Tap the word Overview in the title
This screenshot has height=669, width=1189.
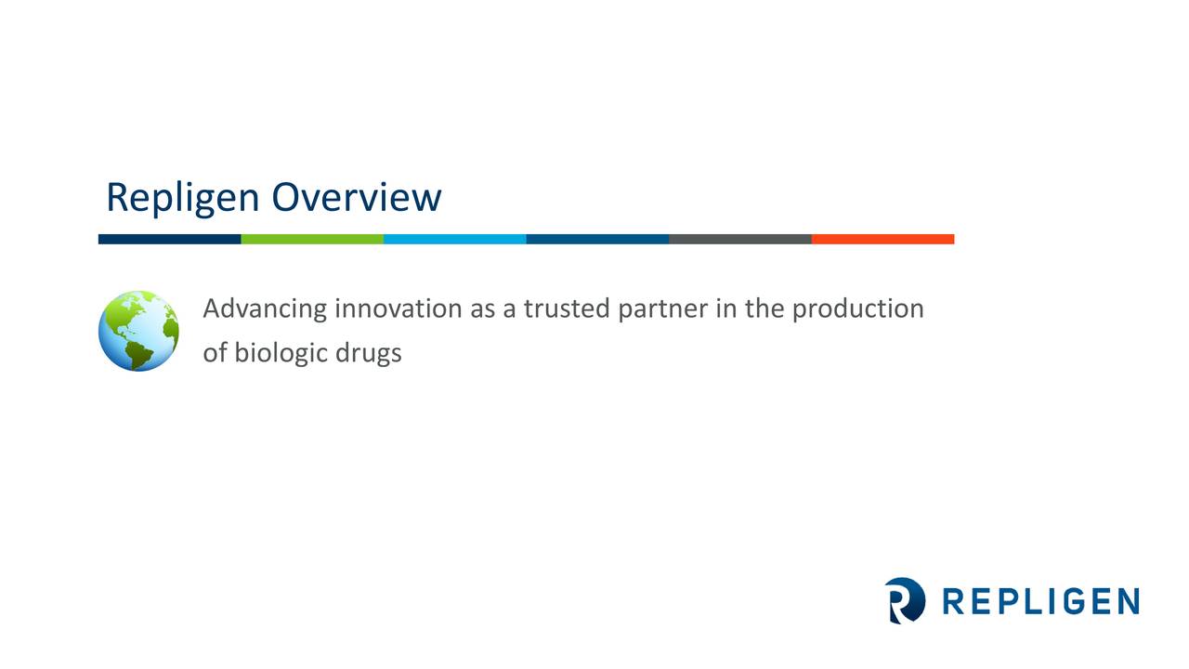click(356, 197)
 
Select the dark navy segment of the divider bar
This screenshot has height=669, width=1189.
click(169, 239)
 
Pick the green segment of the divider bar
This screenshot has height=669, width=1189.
click(312, 239)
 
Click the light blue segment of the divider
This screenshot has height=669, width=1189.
click(454, 239)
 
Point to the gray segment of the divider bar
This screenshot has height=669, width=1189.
click(739, 239)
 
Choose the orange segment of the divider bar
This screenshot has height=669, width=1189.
click(882, 239)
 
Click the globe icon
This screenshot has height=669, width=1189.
click(138, 331)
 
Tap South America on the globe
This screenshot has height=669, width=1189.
click(142, 352)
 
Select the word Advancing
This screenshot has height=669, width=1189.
click(265, 309)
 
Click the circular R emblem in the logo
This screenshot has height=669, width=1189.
click(905, 600)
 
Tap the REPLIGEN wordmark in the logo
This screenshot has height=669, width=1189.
click(1040, 601)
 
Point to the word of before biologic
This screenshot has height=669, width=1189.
click(215, 354)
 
